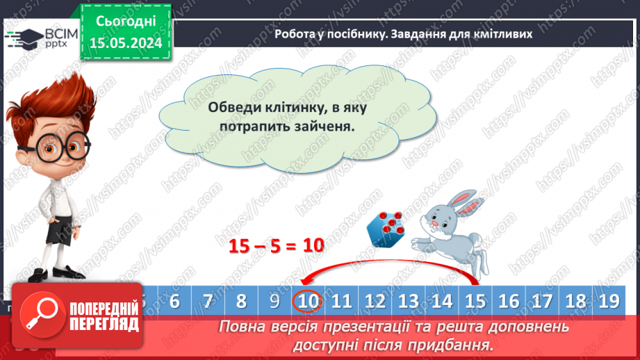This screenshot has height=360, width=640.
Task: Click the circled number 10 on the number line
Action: tap(308, 301)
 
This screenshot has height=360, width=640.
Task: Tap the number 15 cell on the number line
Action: tap(475, 301)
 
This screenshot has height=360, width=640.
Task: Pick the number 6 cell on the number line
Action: tap(174, 301)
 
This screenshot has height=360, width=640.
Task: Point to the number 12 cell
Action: tap(375, 301)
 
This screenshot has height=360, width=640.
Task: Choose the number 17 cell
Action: tap(543, 301)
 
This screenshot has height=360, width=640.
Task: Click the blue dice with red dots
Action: tap(387, 228)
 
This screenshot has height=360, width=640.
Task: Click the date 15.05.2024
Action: tap(125, 42)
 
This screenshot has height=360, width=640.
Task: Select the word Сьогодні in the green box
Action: tap(125, 22)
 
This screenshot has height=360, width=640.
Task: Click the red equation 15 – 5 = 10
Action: tap(277, 245)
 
